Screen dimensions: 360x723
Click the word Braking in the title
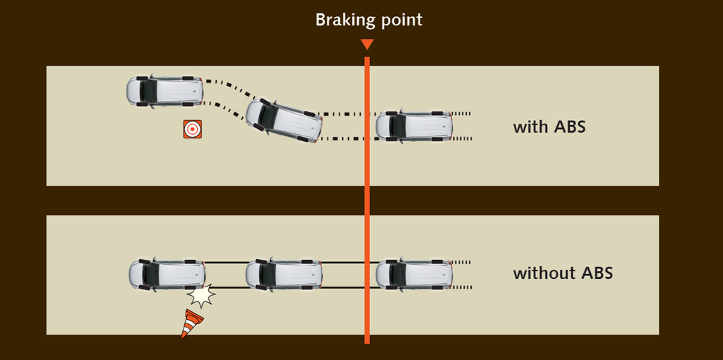(343, 20)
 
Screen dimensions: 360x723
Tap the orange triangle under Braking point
(366, 44)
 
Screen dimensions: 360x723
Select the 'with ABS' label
(549, 128)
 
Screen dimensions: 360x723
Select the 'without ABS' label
(563, 273)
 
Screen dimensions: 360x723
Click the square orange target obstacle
(192, 129)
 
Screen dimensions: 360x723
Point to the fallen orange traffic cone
(191, 323)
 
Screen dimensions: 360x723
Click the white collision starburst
(202, 296)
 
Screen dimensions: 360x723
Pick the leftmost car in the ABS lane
(165, 91)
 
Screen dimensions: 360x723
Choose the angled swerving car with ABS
(285, 121)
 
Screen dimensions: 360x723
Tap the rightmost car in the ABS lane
(414, 126)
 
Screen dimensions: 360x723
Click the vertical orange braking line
(367, 198)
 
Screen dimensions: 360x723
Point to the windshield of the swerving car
(268, 114)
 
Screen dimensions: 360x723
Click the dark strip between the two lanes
(212, 200)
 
